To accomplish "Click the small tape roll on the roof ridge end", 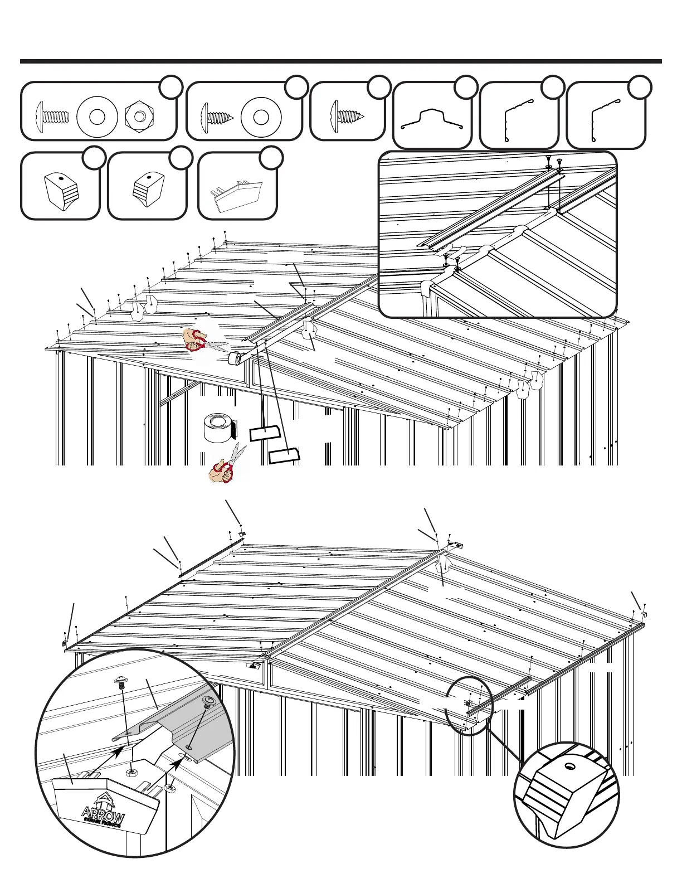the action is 237,358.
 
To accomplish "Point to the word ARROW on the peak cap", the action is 103,813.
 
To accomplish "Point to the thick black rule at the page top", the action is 340,61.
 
